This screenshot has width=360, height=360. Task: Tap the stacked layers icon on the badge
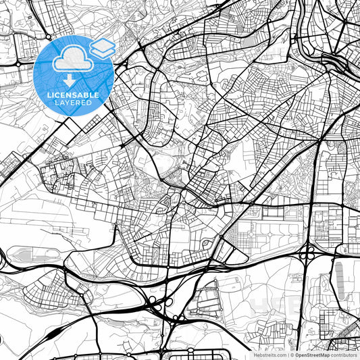(102, 47)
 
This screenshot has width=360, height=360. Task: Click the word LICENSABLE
(73, 96)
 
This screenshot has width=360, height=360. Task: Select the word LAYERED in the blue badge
(73, 104)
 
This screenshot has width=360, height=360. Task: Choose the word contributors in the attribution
(343, 354)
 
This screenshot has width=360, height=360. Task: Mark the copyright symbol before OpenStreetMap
(292, 354)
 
